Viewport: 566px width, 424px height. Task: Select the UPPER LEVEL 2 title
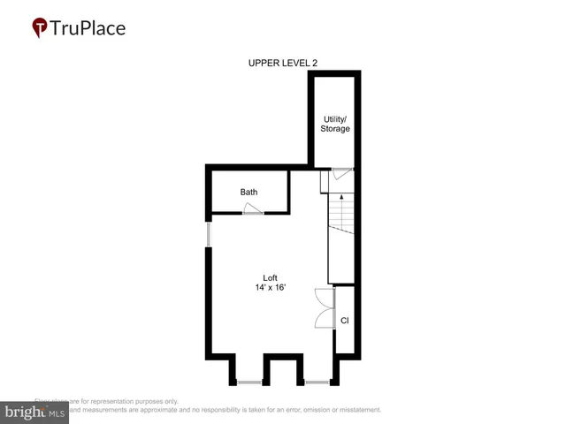[x=282, y=62]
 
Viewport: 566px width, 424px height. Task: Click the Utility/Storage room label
[x=335, y=123]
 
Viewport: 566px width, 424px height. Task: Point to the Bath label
[x=249, y=192]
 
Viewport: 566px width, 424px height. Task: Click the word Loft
[x=270, y=277]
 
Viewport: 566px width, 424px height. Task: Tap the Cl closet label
[x=344, y=321]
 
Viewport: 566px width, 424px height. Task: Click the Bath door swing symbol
[x=253, y=208]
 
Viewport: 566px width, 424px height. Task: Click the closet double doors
[x=322, y=309]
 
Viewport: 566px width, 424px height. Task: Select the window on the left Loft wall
[x=209, y=235]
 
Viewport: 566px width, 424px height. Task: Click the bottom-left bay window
[x=249, y=382]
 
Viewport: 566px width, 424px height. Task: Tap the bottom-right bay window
[x=317, y=382]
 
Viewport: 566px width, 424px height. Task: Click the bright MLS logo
[x=35, y=412]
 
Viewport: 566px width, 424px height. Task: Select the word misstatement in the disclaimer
[x=354, y=410]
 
